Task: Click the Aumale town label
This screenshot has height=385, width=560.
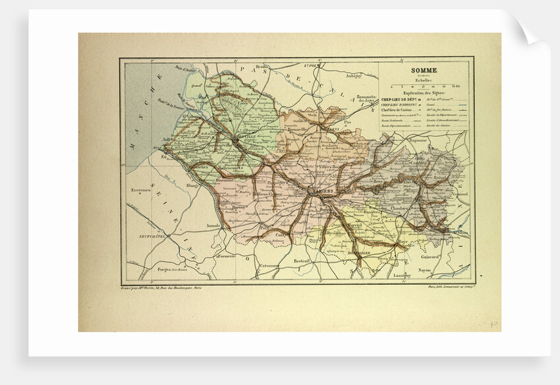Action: [214, 225]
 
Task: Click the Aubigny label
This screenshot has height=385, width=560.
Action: [354, 76]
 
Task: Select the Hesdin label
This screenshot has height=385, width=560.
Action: [261, 67]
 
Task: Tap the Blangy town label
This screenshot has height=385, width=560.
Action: [192, 185]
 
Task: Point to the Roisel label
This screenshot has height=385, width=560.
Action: [440, 178]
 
